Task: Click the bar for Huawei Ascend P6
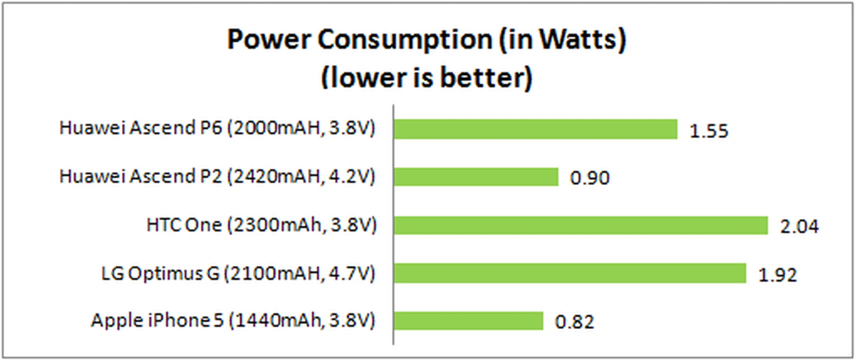click(535, 129)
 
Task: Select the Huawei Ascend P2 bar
click(476, 177)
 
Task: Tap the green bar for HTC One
click(581, 225)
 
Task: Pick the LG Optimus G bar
click(570, 273)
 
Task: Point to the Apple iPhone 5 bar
click(468, 321)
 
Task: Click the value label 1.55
click(708, 131)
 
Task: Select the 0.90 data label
click(590, 178)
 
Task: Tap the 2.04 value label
click(799, 226)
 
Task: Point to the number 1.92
click(777, 275)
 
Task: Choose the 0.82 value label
click(574, 322)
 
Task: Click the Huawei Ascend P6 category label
click(217, 128)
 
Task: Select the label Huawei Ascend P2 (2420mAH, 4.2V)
click(217, 176)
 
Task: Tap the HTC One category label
click(261, 225)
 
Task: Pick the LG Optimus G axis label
click(238, 273)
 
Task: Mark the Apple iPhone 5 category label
click(233, 320)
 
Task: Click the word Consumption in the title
click(404, 40)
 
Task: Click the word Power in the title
click(269, 40)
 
